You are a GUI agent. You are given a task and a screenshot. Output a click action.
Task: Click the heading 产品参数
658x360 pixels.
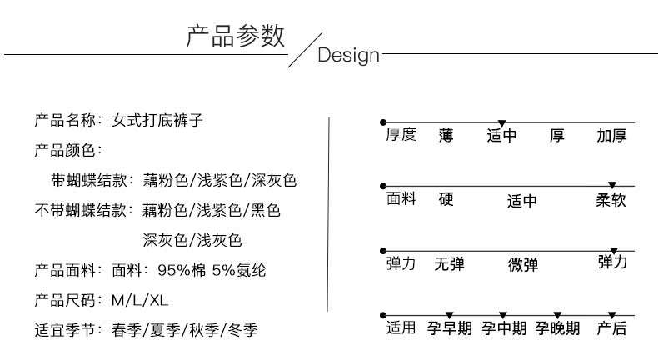tap(235, 36)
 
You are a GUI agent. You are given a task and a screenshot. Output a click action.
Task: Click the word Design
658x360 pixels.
tap(348, 56)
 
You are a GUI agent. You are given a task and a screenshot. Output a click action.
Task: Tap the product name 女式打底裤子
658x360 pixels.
tap(157, 120)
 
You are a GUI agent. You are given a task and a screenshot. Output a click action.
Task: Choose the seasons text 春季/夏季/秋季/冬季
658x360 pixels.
tap(184, 330)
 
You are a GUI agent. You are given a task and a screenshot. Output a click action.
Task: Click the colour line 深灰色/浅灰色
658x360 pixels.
tap(192, 240)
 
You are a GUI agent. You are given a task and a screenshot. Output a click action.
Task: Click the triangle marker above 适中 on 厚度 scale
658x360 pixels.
tap(501, 123)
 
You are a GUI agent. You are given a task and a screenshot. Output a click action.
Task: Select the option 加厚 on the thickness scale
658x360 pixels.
tap(611, 135)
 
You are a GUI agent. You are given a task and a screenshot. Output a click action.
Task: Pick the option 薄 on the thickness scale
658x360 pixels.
tap(446, 135)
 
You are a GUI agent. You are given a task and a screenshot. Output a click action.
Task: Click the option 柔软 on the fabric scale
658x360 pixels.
tap(611, 200)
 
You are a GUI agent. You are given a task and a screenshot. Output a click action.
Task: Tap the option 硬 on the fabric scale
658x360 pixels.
tap(446, 200)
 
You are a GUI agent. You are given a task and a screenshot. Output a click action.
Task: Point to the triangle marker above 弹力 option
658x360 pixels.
tap(614, 251)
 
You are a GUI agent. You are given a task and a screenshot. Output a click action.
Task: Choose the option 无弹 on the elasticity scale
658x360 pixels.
tap(449, 264)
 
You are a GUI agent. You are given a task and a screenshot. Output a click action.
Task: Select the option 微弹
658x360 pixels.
tap(523, 264)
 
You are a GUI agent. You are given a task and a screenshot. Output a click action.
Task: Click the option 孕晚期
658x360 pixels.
tap(557, 328)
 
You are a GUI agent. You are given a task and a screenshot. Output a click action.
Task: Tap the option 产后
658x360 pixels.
tap(611, 328)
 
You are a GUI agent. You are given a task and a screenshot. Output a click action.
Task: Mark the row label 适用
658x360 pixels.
tap(401, 327)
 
